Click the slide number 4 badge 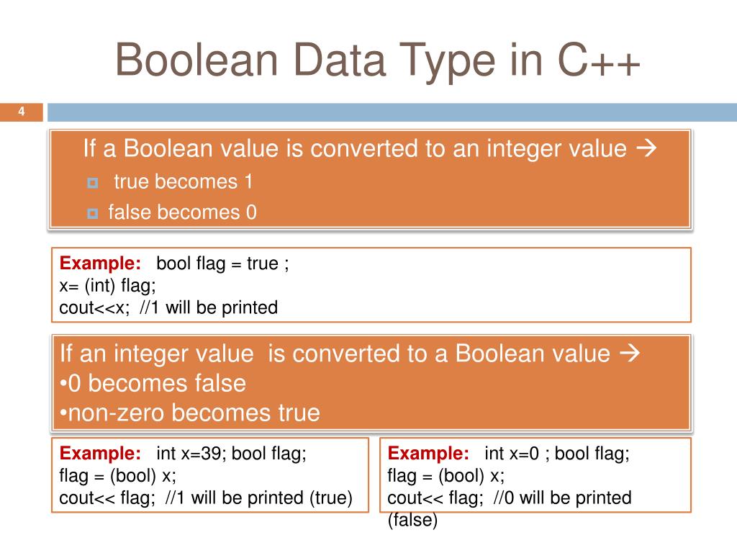pos(21,112)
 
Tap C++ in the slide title pos(597,60)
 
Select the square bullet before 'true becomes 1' pos(92,184)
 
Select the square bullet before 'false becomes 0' pos(92,214)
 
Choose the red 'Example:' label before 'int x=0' pos(428,454)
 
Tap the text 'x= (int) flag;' pos(107,286)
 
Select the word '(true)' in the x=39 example pos(330,498)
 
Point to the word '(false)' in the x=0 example pos(412,520)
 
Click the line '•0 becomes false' pos(153,383)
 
